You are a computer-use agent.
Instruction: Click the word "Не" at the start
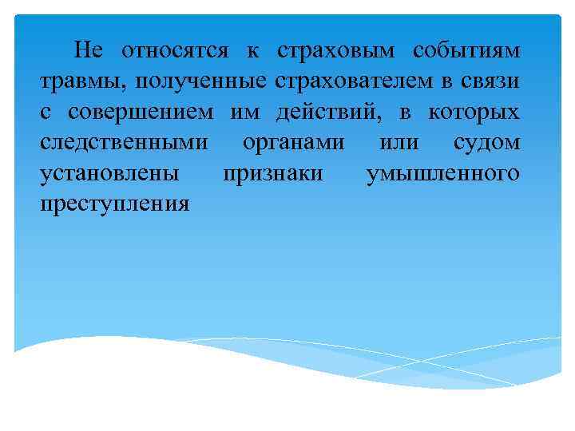click(x=89, y=51)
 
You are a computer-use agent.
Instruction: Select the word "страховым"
click(x=336, y=52)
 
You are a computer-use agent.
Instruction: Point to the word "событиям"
click(x=467, y=52)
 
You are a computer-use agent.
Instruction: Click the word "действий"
click(x=333, y=113)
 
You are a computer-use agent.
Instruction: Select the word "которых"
click(x=474, y=113)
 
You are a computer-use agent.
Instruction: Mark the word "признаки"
click(x=272, y=173)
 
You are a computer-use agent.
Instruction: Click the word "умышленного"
click(x=442, y=173)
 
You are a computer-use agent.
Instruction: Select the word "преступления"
click(x=115, y=204)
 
